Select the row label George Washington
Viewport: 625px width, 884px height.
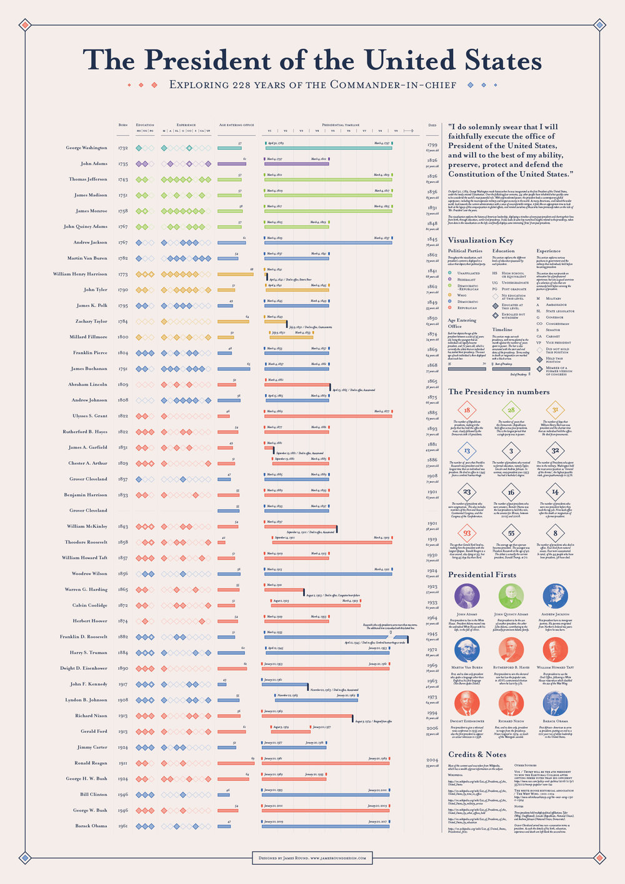86,148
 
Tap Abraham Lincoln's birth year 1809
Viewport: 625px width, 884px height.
123,384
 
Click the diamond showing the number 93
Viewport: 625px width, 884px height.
467,533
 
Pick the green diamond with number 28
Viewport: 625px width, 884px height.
511,410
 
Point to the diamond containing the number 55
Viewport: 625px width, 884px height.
511,533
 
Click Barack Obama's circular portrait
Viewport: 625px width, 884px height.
555,703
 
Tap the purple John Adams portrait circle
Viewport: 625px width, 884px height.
467,596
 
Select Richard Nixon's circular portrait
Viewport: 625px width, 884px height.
511,703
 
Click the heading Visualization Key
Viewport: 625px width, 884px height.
480,240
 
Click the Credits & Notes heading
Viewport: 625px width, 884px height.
477,754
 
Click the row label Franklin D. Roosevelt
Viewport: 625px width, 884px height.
83,637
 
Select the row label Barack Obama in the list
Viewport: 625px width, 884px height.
91,826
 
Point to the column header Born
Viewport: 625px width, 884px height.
122,125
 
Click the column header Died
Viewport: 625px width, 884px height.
432,125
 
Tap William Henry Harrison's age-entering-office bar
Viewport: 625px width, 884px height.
235,274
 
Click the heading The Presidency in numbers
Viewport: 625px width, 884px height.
498,392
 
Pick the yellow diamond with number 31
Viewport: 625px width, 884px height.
555,410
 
